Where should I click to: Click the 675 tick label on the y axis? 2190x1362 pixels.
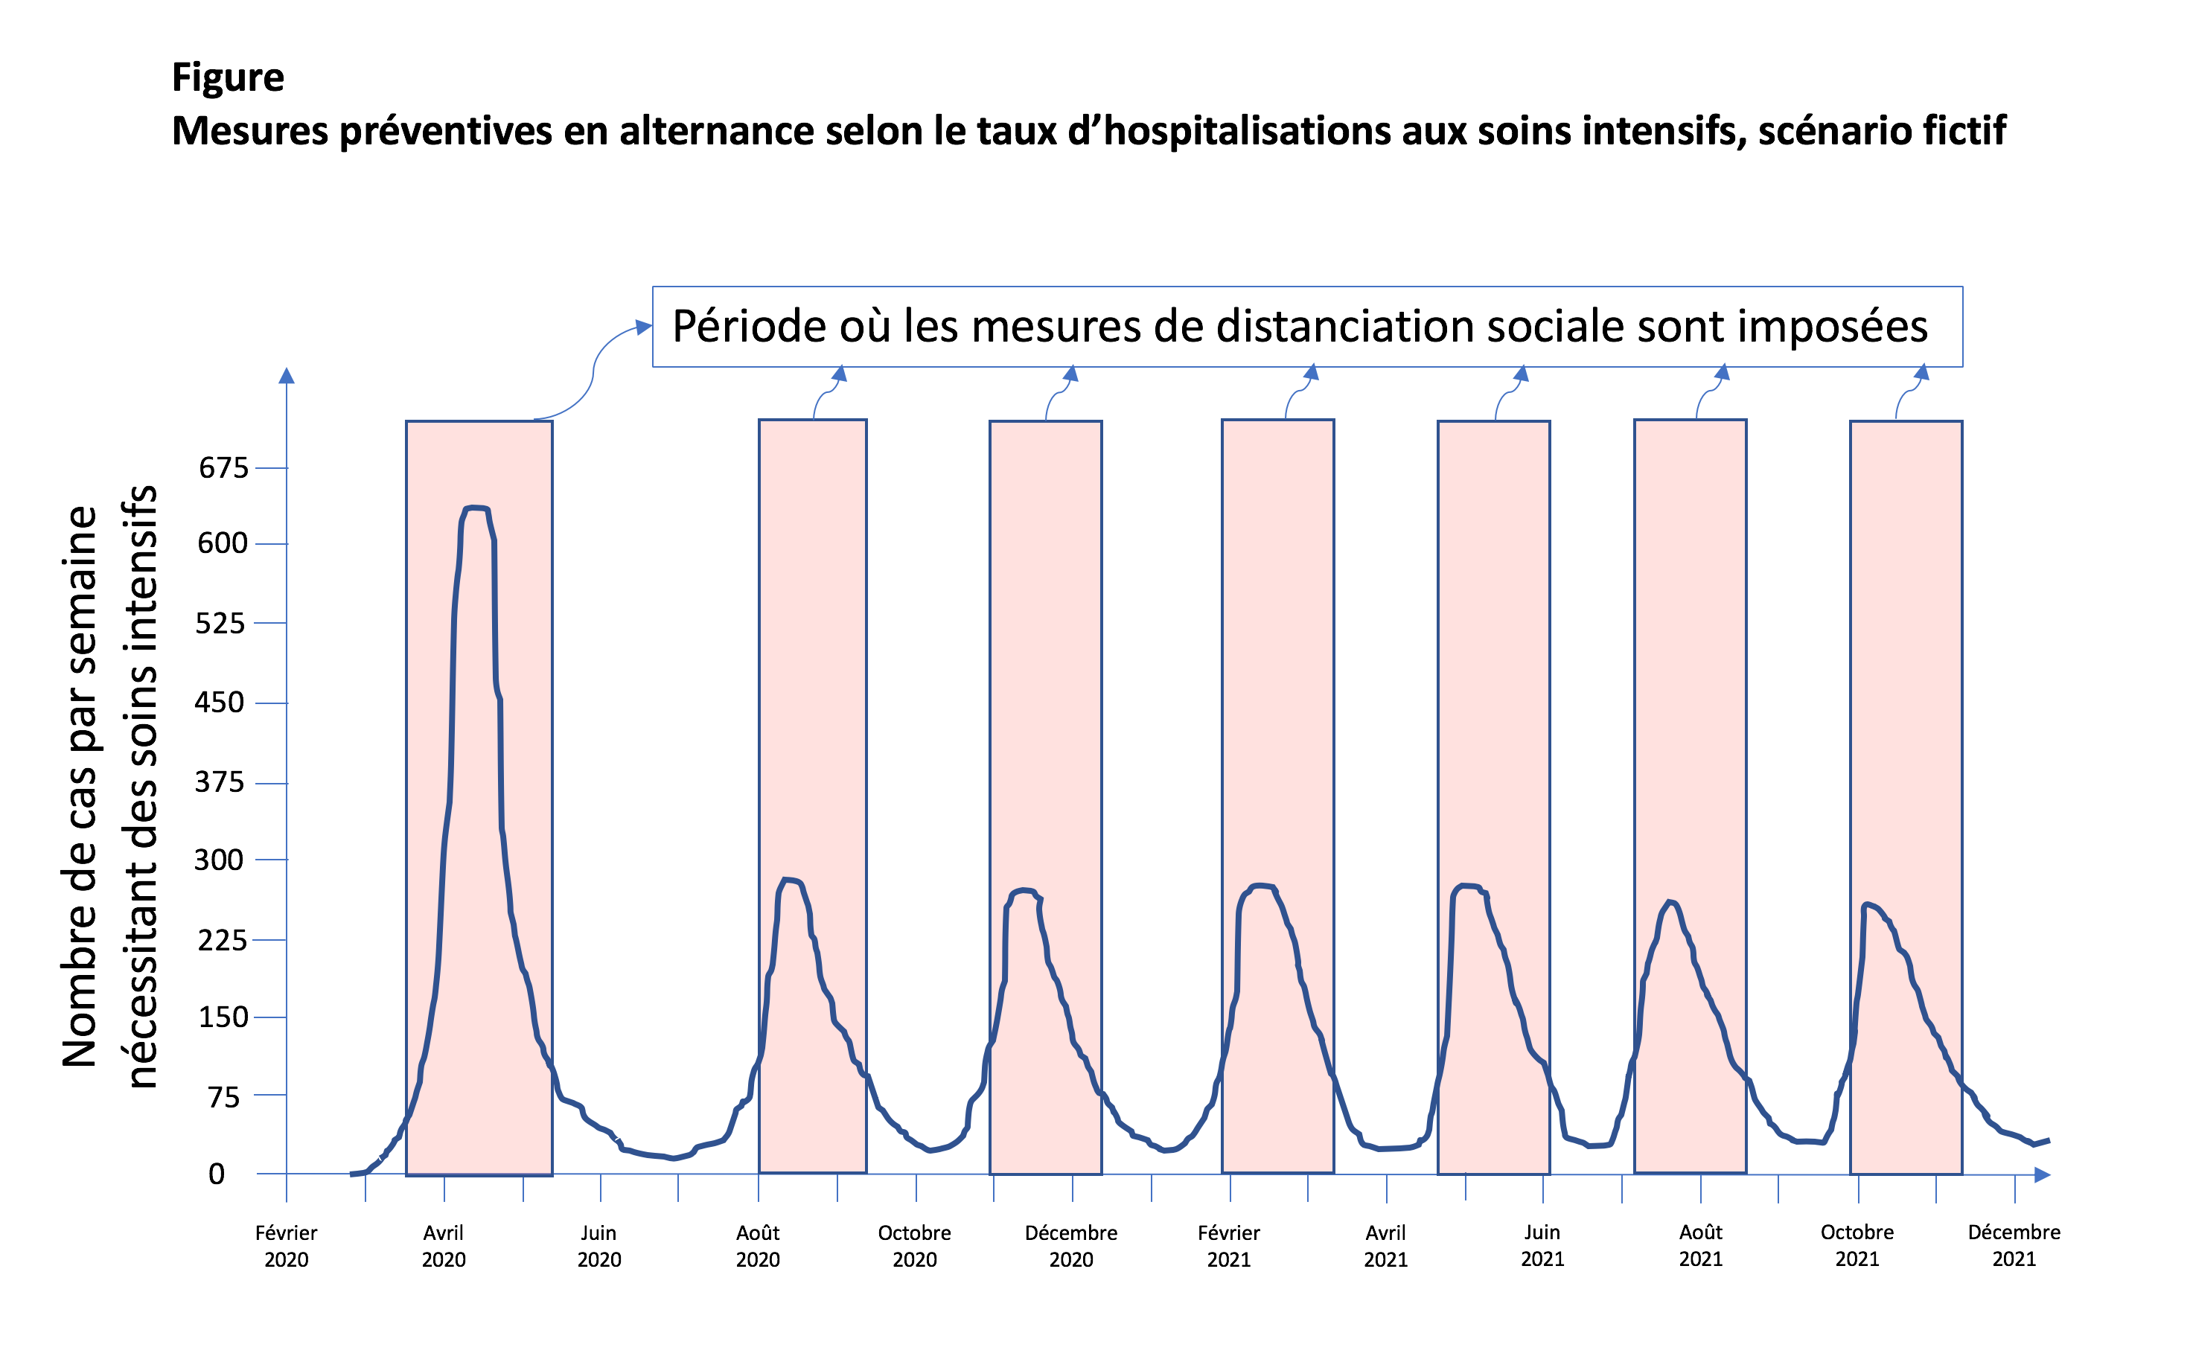click(x=223, y=468)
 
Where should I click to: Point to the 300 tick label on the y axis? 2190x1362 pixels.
click(x=219, y=860)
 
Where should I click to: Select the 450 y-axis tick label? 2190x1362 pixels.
click(x=219, y=703)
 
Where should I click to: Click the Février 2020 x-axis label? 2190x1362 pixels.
click(x=287, y=1246)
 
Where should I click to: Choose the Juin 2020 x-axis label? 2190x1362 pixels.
click(x=599, y=1246)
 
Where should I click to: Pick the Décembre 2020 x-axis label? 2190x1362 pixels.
click(x=1071, y=1246)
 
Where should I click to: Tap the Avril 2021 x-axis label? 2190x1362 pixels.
click(x=1385, y=1246)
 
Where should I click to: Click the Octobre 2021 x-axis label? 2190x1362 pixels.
click(x=1857, y=1246)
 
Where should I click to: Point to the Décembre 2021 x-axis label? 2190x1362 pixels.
click(x=2014, y=1246)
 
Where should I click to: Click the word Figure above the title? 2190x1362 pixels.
click(x=228, y=77)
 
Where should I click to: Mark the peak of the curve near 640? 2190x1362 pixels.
click(x=476, y=508)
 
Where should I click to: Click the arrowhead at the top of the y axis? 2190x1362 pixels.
click(x=287, y=376)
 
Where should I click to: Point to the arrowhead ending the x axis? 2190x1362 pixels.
click(x=2043, y=1174)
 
